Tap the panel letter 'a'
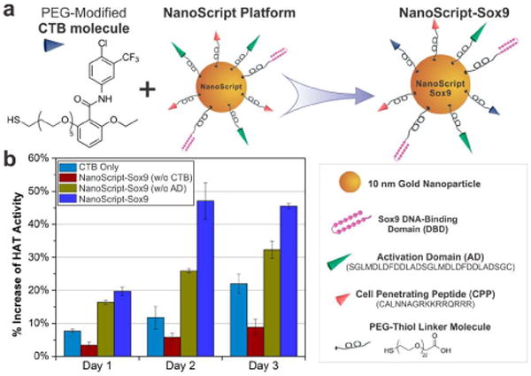coord(8,9)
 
